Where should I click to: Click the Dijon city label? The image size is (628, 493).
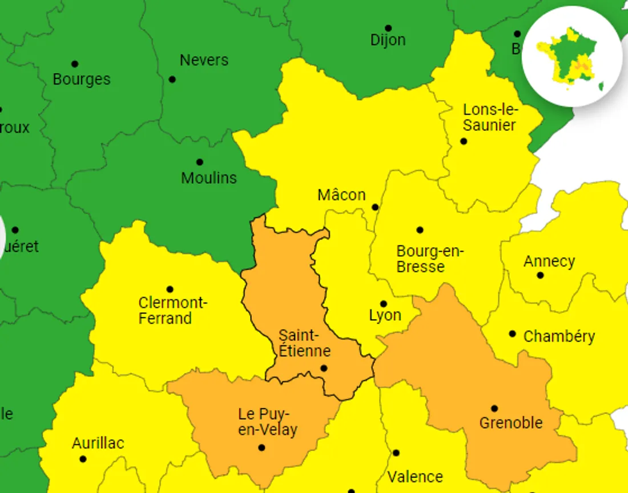(388, 40)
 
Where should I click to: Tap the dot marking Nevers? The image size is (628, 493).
(172, 79)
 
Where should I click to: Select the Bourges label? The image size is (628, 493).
(82, 79)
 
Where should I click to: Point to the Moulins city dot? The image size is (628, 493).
(199, 162)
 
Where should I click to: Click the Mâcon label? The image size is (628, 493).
(341, 195)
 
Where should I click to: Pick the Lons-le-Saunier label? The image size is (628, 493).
(489, 117)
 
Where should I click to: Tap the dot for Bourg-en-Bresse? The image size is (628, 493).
(420, 230)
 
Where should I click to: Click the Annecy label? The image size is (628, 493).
(549, 261)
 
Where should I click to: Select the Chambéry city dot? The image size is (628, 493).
(513, 333)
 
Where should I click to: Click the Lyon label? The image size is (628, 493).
(385, 315)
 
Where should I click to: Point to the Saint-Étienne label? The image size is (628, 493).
(304, 343)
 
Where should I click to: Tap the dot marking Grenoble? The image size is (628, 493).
(494, 408)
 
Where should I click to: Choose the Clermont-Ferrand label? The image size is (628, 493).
(172, 310)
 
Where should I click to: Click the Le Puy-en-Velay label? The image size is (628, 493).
(267, 422)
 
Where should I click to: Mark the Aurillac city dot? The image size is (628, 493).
(83, 459)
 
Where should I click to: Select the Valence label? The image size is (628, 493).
(415, 476)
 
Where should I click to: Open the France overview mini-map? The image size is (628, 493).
(572, 56)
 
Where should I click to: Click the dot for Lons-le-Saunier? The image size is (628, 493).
(464, 141)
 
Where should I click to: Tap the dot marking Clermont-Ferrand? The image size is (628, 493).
(170, 289)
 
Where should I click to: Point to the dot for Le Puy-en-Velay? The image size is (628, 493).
(261, 447)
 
